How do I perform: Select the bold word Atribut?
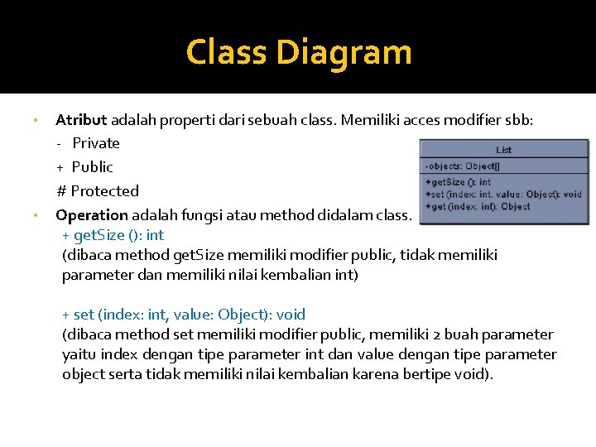[81, 119]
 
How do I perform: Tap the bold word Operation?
[91, 215]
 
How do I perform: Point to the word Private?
[96, 143]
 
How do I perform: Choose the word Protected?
[104, 191]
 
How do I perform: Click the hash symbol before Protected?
[61, 191]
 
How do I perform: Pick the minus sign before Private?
[60, 143]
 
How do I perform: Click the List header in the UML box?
[504, 150]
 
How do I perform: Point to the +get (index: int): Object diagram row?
[478, 206]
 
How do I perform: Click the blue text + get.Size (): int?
[113, 235]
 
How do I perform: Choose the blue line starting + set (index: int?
[184, 315]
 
